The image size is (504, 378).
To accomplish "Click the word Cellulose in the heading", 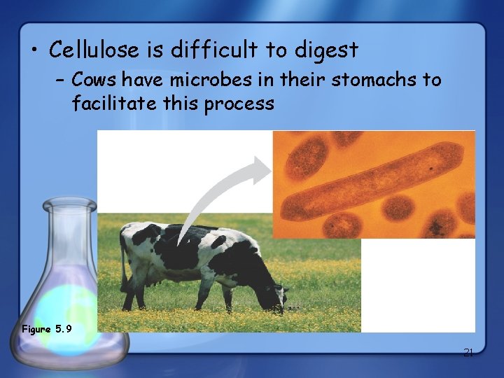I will [x=86, y=50].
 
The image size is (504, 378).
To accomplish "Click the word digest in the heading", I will [x=326, y=51].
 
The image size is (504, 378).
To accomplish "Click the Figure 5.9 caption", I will [x=47, y=328].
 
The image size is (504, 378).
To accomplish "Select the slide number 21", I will [x=468, y=353].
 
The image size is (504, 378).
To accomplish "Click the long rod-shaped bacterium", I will [x=374, y=183].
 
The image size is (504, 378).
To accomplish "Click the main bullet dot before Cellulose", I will [x=34, y=51].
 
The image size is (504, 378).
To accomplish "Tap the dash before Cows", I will [x=59, y=80].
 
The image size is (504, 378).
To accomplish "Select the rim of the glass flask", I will [x=69, y=205].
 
